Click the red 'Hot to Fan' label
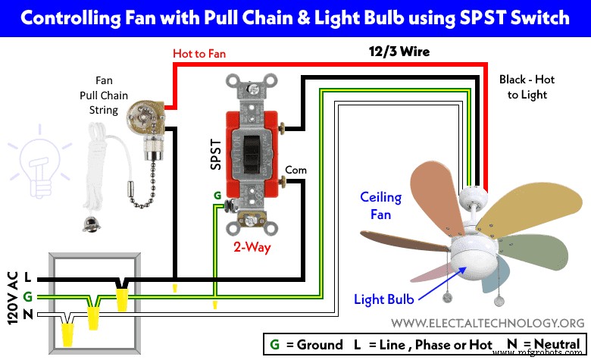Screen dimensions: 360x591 coord(199,54)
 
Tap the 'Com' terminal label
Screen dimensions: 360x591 coord(296,170)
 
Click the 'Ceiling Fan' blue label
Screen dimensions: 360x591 coord(380,205)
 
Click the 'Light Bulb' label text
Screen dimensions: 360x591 coord(384,299)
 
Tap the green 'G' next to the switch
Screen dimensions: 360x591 coord(217,195)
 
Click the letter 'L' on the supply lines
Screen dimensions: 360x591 coord(27,277)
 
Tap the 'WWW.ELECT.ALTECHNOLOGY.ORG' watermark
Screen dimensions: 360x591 coord(487,322)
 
